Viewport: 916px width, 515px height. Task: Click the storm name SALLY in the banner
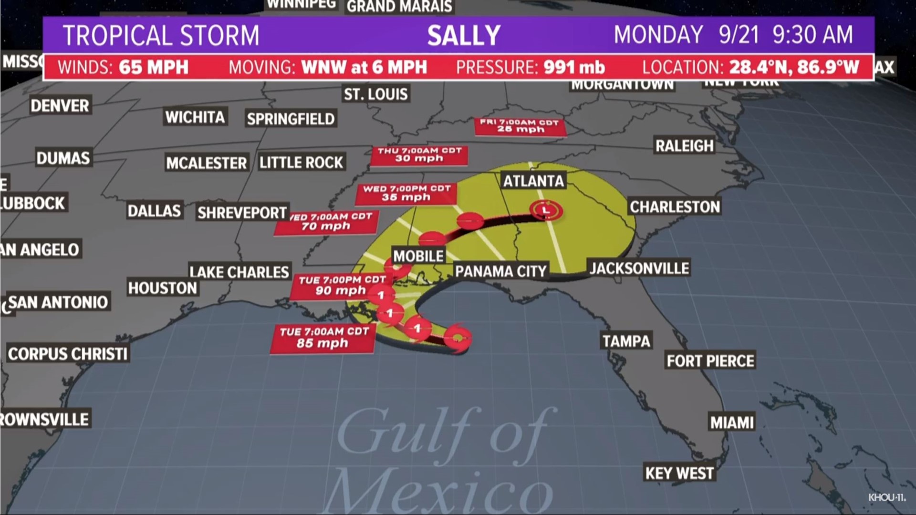pyautogui.click(x=464, y=36)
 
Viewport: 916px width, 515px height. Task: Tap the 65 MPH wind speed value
pyautogui.click(x=154, y=67)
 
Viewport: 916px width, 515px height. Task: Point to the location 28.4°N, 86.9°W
pyautogui.click(x=794, y=67)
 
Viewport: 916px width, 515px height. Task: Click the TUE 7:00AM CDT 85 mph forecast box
pyautogui.click(x=323, y=338)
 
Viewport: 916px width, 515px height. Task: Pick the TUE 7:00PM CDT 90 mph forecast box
pyautogui.click(x=341, y=286)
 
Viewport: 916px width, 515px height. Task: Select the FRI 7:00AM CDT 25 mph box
pyautogui.click(x=520, y=126)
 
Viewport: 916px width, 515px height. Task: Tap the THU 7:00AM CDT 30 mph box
pyautogui.click(x=419, y=155)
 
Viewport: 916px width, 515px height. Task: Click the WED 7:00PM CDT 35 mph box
pyautogui.click(x=406, y=193)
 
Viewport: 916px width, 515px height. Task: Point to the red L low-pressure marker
pyautogui.click(x=546, y=210)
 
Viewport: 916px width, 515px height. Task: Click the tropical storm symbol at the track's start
pyautogui.click(x=458, y=338)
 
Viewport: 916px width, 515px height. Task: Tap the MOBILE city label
pyautogui.click(x=418, y=256)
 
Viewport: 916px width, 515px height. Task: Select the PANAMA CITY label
pyautogui.click(x=500, y=271)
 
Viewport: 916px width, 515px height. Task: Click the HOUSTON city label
pyautogui.click(x=163, y=288)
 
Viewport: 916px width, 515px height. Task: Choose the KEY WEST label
pyautogui.click(x=679, y=473)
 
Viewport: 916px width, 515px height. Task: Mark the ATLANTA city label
pyautogui.click(x=533, y=181)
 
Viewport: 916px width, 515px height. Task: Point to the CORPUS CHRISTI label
pyautogui.click(x=68, y=354)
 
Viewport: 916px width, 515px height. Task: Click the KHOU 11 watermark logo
pyautogui.click(x=886, y=497)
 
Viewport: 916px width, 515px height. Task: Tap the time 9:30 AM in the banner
pyautogui.click(x=812, y=35)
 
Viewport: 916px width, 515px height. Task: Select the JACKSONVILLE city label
pyautogui.click(x=639, y=268)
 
